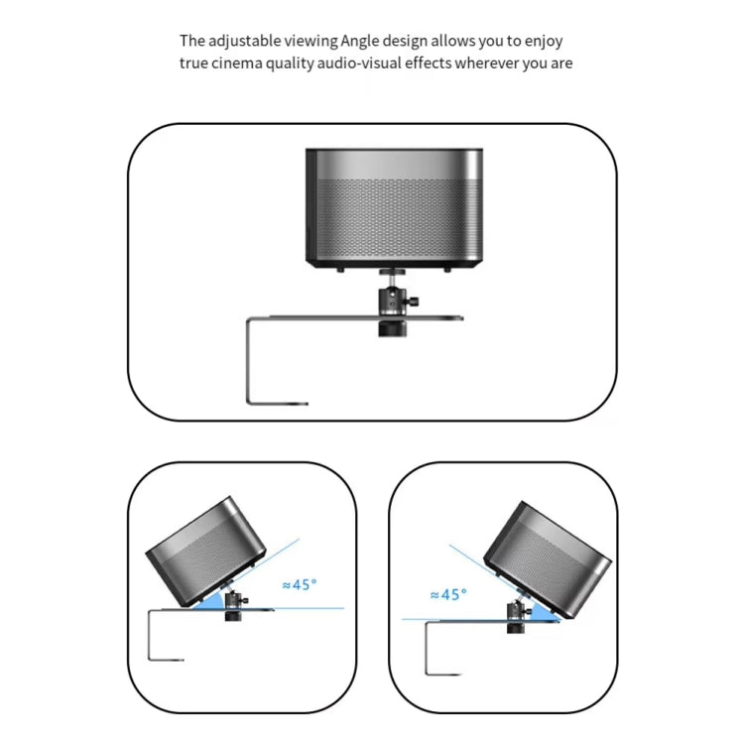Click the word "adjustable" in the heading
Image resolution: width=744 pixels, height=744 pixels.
[243, 42]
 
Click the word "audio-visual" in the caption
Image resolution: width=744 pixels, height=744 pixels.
[371, 63]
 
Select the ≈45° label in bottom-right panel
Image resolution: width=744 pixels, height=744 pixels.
[447, 594]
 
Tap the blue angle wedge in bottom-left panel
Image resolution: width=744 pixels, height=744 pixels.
[216, 601]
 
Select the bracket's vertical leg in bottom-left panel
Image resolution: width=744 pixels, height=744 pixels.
[149, 635]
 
